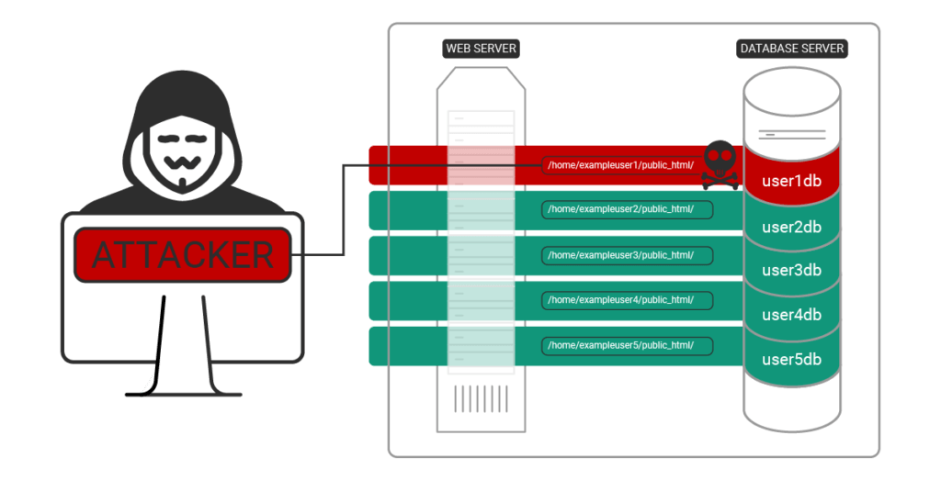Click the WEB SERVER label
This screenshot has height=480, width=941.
pos(480,49)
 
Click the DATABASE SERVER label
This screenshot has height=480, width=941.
pos(791,49)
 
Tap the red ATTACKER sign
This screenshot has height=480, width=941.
pos(182,254)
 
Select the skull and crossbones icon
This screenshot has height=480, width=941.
pos(720,164)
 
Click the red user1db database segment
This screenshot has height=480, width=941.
pos(791,180)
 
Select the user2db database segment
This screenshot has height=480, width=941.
pos(791,226)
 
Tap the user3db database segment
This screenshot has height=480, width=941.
pos(791,270)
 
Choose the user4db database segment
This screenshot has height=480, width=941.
pos(791,315)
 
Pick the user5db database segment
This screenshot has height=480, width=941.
pos(791,359)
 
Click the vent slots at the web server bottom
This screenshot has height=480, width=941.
pos(481,398)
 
